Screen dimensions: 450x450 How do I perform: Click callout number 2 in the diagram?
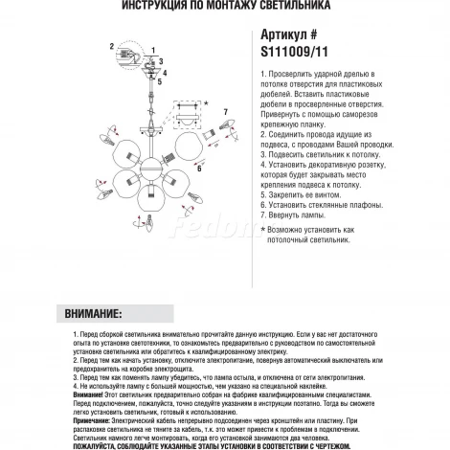(112, 47)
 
